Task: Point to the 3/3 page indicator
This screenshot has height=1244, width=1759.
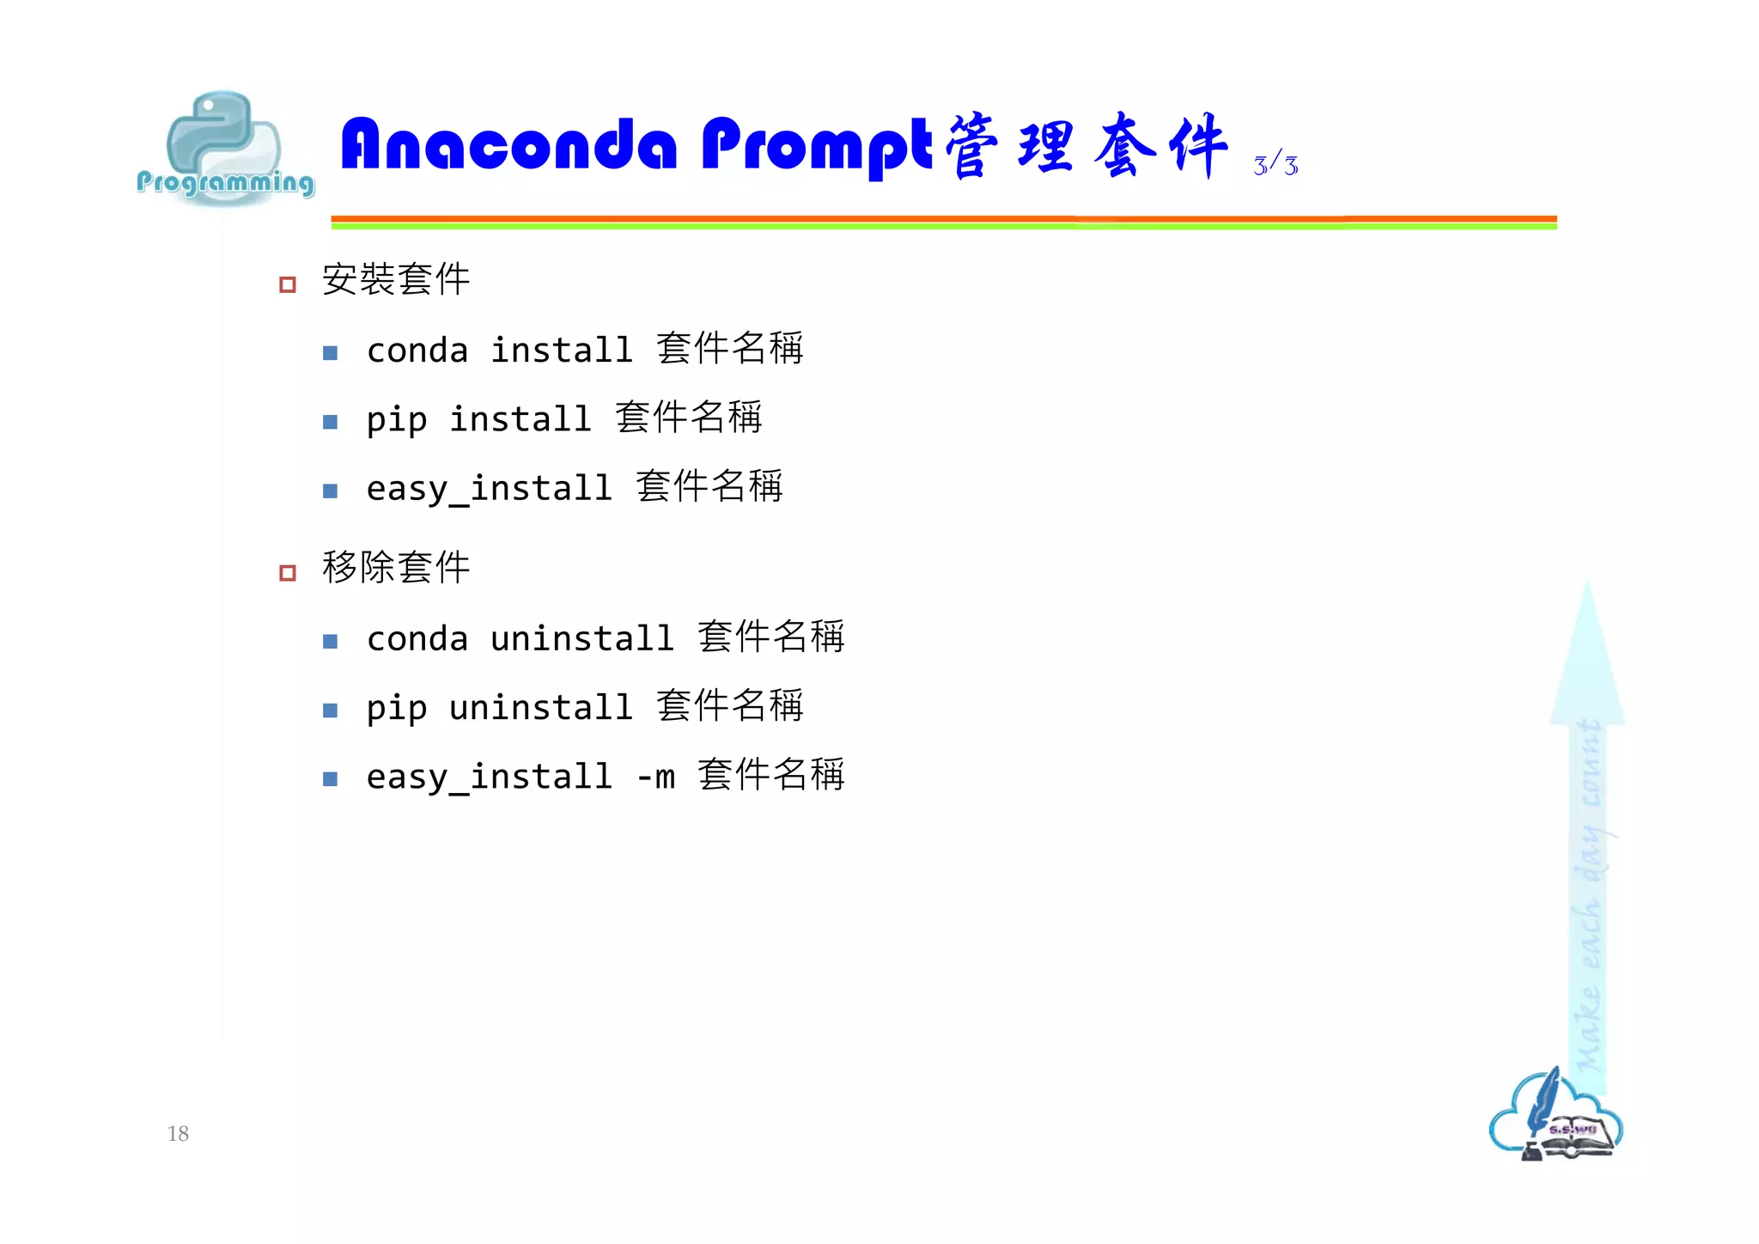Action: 1275,163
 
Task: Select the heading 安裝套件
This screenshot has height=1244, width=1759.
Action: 396,280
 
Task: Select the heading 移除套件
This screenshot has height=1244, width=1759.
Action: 396,568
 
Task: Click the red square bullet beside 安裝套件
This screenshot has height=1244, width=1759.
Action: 288,284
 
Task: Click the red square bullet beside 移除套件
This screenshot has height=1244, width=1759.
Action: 288,573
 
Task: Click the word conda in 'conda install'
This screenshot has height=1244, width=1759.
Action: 417,351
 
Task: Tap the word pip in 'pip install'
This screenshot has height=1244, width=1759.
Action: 396,420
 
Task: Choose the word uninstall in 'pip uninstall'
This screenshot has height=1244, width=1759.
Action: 540,708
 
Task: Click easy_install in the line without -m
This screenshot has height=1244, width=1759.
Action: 489,489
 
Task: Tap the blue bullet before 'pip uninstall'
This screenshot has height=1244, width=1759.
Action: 330,710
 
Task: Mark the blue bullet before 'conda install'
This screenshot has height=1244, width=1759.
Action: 330,353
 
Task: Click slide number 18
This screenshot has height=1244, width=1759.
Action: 178,1133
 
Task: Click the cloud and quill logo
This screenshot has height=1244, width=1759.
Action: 1555,1117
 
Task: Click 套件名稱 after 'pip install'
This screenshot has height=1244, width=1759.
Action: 688,418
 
